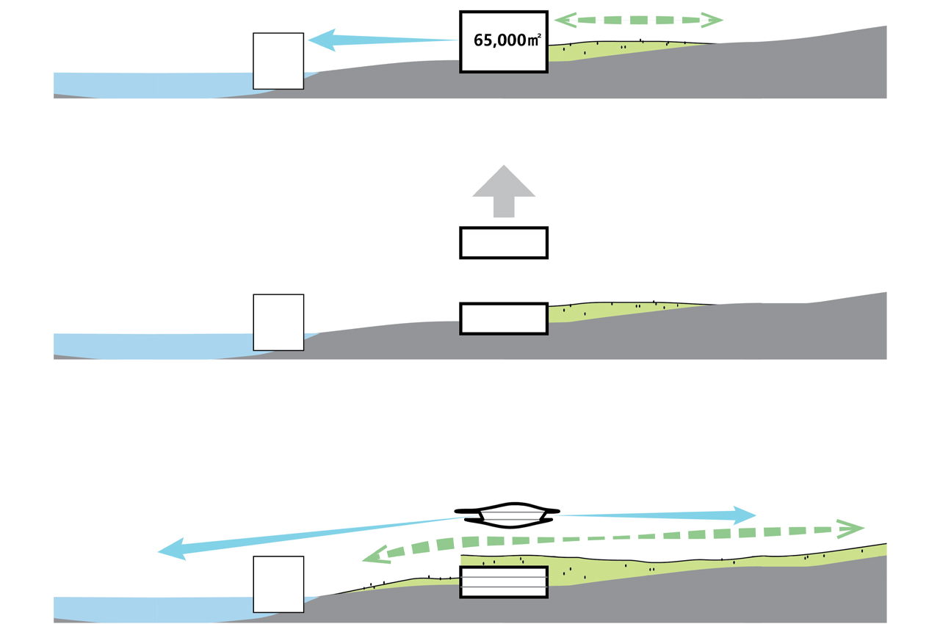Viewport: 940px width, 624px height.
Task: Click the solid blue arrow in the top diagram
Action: (x=382, y=40)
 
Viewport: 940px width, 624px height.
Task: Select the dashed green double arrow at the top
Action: (x=639, y=21)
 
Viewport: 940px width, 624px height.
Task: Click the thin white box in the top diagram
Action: (x=278, y=61)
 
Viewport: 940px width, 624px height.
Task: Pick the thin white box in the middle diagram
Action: (x=278, y=322)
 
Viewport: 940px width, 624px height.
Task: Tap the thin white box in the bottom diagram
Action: (x=278, y=584)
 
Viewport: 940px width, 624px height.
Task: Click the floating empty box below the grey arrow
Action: (x=504, y=243)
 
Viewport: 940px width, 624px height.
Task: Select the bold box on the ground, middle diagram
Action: (x=504, y=319)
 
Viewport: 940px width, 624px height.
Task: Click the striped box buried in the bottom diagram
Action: (x=504, y=581)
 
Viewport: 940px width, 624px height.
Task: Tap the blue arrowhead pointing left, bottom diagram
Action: (x=173, y=549)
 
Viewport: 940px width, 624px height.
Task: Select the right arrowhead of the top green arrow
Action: (x=711, y=21)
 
